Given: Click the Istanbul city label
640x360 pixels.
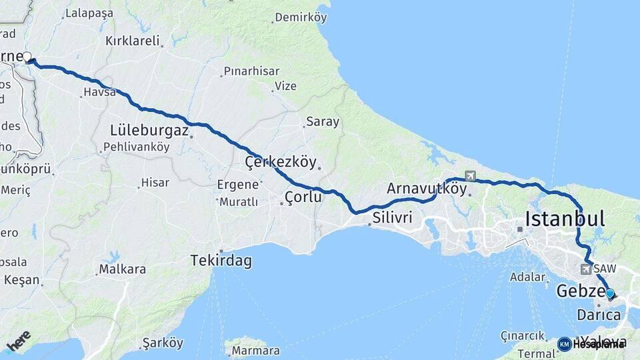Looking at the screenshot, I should coord(565,219).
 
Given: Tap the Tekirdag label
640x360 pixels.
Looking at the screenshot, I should coord(221,261).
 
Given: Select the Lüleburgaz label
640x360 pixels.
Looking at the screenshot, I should coord(150,130).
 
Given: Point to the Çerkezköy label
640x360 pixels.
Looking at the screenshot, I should coord(279,162).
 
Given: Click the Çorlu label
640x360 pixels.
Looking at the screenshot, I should coord(303,197).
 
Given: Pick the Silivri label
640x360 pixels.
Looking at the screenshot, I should coord(393,218).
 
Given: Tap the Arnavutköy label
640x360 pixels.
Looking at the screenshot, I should coord(427,189).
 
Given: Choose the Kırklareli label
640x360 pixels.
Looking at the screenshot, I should coord(133,41).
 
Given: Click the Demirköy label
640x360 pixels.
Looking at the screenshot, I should coord(301,18).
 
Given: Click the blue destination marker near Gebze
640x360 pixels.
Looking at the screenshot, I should coord(609,293).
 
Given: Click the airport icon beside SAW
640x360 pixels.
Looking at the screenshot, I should coord(585,269).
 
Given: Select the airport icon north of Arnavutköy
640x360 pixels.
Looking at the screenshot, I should coord(471,176).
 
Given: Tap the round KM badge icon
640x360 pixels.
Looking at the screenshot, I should coord(564,344).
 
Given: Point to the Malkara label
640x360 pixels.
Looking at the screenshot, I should coord(122,270).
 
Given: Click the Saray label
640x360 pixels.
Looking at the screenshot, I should coord(323,122).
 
